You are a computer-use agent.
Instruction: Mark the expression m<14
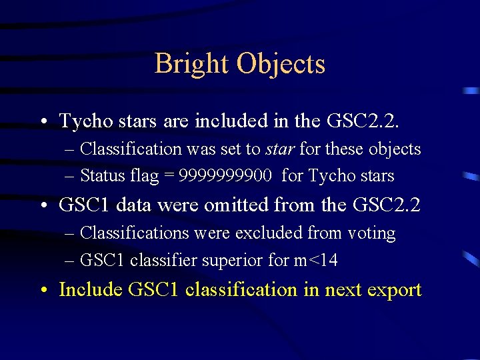315,260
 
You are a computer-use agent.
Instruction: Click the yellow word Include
91,290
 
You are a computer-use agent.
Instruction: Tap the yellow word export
393,291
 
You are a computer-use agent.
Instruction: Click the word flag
145,176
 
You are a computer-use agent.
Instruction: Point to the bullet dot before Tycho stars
43,121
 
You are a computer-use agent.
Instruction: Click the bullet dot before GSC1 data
43,205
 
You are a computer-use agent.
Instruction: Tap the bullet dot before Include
43,291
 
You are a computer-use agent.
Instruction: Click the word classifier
158,260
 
